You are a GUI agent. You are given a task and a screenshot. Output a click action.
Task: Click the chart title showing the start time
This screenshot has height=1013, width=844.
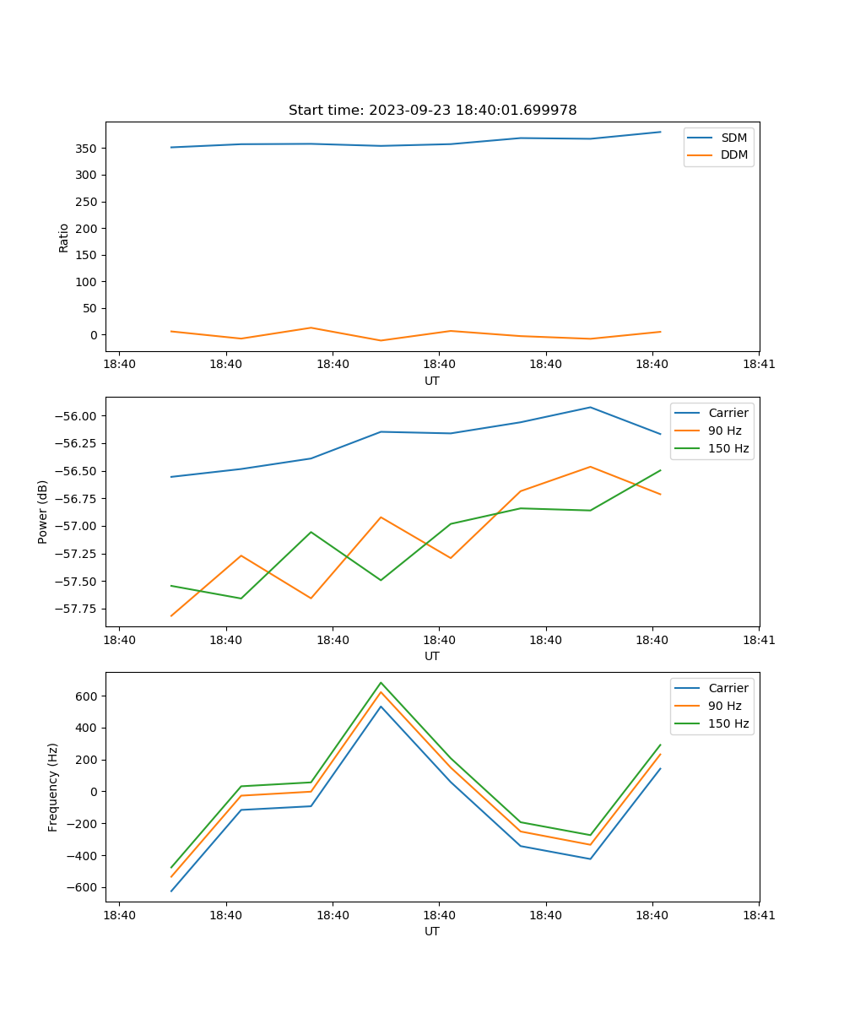(432, 111)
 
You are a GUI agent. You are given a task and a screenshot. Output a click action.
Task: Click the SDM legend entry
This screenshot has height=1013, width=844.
(733, 138)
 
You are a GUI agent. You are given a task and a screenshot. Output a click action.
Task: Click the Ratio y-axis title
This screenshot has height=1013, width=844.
(64, 237)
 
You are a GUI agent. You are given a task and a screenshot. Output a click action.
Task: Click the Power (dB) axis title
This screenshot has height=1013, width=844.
(43, 512)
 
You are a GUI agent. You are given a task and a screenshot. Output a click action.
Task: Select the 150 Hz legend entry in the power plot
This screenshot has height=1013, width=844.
(728, 448)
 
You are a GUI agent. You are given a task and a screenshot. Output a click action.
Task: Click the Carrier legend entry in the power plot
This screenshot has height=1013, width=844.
(728, 413)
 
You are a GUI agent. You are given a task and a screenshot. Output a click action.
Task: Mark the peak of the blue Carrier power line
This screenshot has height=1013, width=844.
(590, 408)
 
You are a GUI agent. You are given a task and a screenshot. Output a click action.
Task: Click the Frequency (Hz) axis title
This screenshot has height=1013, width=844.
(53, 788)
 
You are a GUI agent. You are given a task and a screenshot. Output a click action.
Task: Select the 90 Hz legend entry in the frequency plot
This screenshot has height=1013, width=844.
(725, 706)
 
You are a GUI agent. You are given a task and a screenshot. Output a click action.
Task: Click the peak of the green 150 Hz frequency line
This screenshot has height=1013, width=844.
(381, 683)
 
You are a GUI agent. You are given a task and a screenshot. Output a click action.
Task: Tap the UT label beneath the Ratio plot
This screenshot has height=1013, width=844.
(432, 381)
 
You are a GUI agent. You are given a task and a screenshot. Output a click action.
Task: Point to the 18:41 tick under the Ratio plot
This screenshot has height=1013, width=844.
(759, 365)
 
